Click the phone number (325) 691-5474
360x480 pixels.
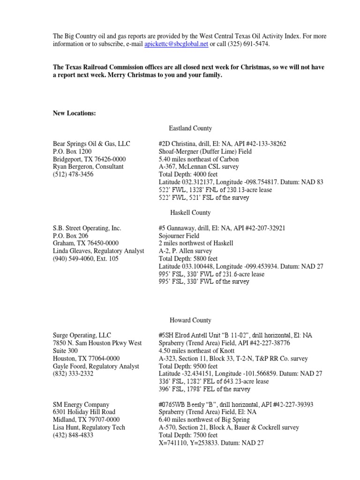point(249,45)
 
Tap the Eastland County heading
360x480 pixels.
point(190,128)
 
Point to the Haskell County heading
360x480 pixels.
point(190,213)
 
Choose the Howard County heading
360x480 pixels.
point(190,320)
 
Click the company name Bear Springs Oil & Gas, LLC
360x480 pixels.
point(91,143)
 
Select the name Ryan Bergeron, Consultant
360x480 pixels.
point(88,166)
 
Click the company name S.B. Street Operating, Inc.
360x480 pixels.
point(87,228)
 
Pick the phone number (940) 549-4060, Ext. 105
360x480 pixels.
point(86,259)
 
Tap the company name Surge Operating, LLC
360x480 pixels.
point(82,336)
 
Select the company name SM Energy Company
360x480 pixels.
point(81,405)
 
